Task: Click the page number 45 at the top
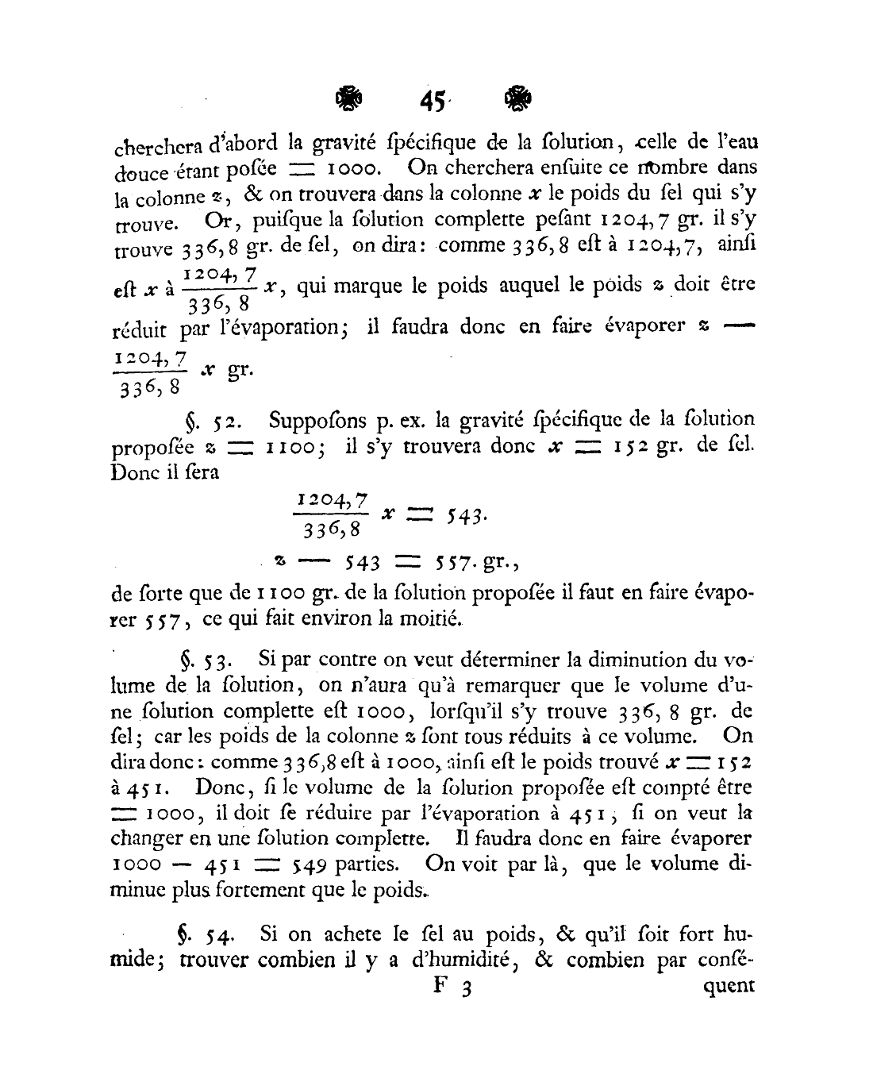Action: click(432, 102)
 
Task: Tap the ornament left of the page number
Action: click(348, 100)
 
